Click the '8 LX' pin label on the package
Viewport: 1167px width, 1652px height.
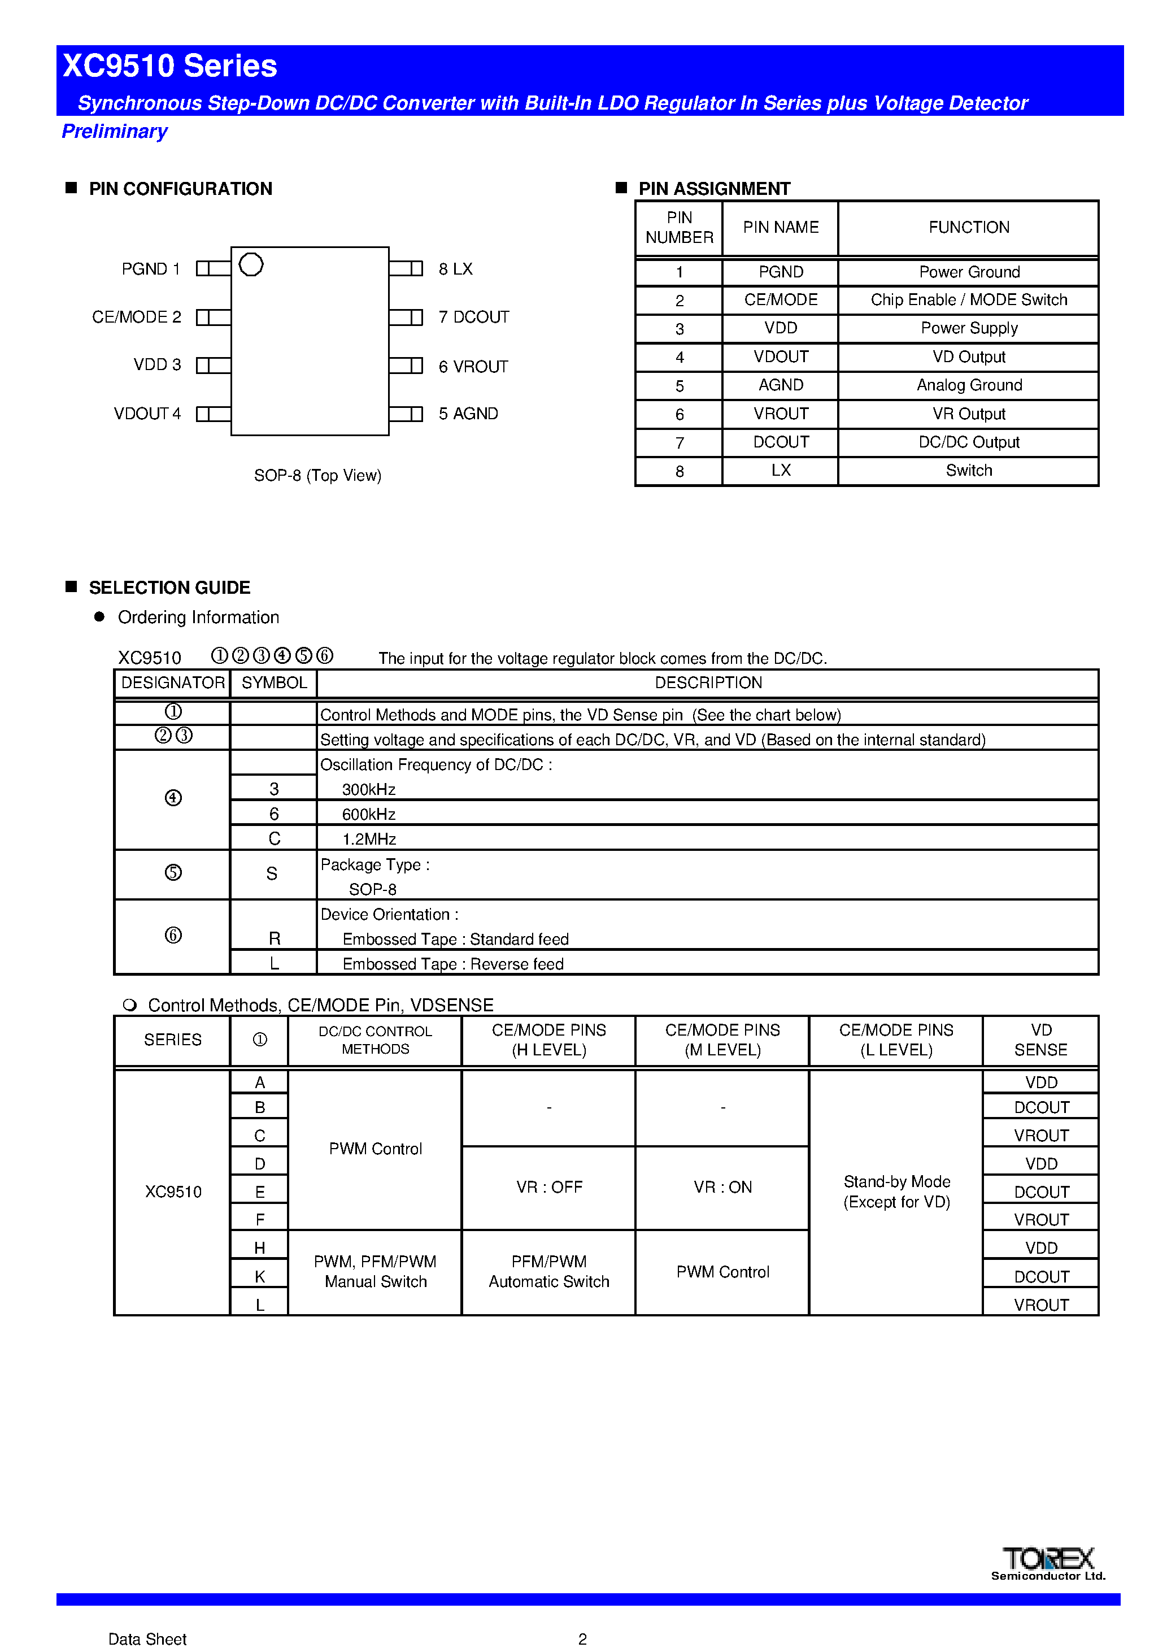point(455,269)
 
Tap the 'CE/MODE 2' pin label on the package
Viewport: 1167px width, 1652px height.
point(137,318)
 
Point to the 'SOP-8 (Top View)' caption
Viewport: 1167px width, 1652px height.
point(317,476)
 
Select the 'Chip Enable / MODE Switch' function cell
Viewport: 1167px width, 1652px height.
point(968,300)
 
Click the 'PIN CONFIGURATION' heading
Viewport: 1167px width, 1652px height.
point(180,189)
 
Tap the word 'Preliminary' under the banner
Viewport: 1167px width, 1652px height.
point(115,132)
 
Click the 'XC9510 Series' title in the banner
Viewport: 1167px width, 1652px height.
point(170,66)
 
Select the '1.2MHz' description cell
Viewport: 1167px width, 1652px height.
point(369,839)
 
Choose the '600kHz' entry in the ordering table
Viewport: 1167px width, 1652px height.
point(369,815)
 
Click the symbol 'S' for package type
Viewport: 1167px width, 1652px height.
point(272,873)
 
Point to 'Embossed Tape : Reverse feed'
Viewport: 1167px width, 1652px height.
point(452,964)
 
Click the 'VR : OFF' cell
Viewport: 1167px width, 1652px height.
point(549,1187)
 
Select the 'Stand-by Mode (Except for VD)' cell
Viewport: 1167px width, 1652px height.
point(896,1192)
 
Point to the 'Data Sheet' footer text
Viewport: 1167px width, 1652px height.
point(147,1639)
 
